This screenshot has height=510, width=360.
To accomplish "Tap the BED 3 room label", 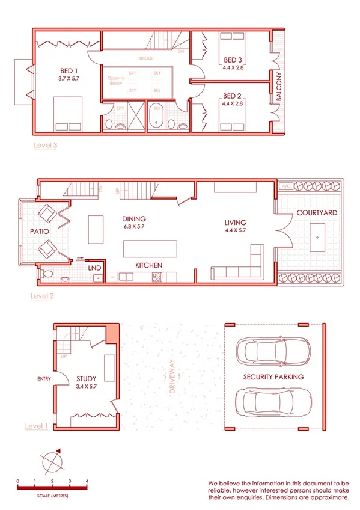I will [x=233, y=60].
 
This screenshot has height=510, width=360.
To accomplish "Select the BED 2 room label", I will [x=232, y=96].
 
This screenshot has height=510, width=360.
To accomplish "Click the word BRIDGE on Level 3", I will [x=145, y=58].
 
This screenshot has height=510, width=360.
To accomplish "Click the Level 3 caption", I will [x=46, y=145].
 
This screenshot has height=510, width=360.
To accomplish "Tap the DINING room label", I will [x=134, y=219].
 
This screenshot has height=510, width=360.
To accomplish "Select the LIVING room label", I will [x=236, y=223].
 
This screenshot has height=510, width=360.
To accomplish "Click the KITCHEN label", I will [x=148, y=265].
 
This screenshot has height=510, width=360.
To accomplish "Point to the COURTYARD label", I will [x=317, y=214].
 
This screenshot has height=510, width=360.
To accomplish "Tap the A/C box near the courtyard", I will [x=286, y=187].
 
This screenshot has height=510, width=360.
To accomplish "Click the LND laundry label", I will [x=94, y=268].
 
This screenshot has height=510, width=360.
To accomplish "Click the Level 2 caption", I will [x=43, y=296].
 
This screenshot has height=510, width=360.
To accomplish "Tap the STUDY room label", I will [x=87, y=379].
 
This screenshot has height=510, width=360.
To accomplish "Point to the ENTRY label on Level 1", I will [x=44, y=379].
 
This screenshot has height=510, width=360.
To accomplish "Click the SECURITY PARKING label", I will [x=273, y=377].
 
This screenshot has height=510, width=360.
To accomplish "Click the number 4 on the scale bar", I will [x=87, y=482].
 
